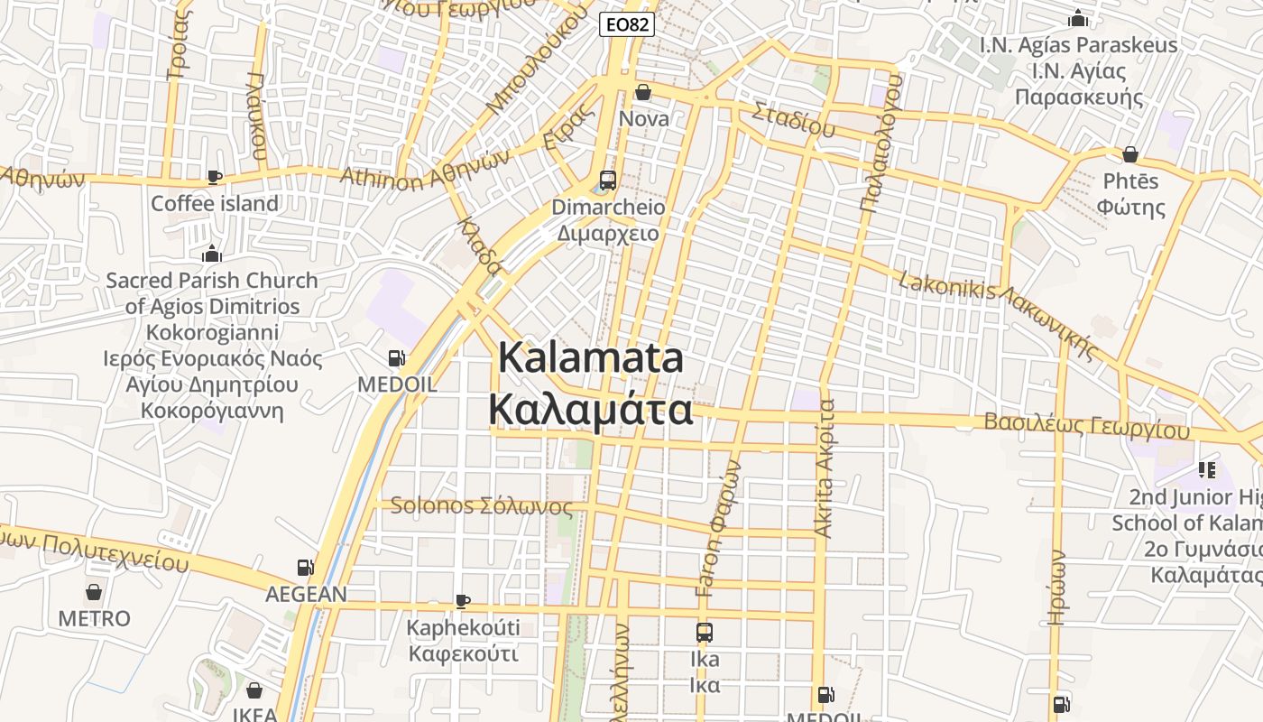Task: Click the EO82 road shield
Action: click(x=626, y=24)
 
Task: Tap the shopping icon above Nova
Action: click(x=642, y=92)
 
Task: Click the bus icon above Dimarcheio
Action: click(x=607, y=180)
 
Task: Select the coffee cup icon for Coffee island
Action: click(x=214, y=177)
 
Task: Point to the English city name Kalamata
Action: click(x=591, y=359)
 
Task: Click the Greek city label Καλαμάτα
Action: click(x=591, y=409)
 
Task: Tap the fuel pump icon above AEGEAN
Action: click(x=306, y=568)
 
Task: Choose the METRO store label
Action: click(x=94, y=619)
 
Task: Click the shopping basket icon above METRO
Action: click(x=94, y=593)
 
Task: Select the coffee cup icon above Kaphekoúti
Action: click(x=463, y=601)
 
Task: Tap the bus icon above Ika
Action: click(x=705, y=633)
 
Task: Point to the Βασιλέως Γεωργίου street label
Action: click(x=1087, y=425)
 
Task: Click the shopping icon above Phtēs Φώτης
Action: click(x=1129, y=154)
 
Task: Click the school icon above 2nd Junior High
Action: click(x=1206, y=470)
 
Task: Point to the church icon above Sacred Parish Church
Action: click(x=212, y=254)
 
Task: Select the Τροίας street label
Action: click(x=179, y=41)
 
